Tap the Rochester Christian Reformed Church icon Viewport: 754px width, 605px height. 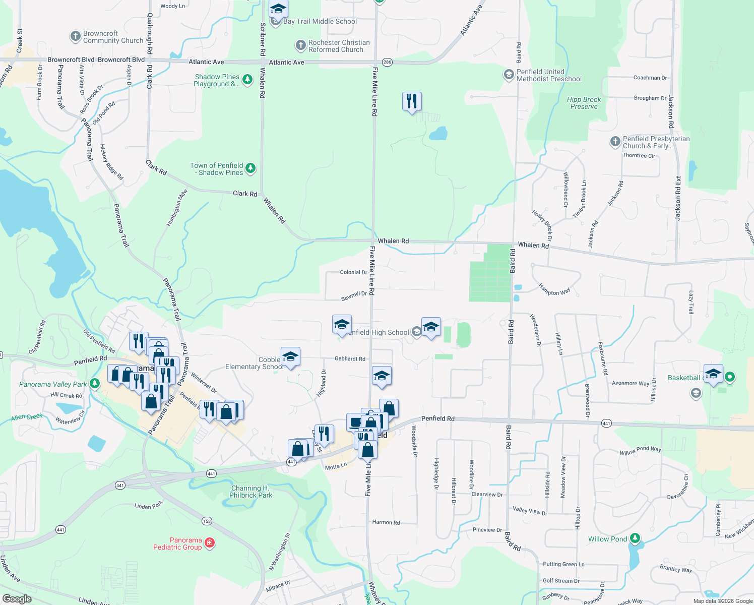(x=301, y=46)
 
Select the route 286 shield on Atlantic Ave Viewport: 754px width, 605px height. (x=387, y=62)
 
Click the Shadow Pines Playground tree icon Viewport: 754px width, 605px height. (x=247, y=80)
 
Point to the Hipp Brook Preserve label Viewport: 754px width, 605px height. (x=584, y=103)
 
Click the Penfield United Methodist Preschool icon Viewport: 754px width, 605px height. (x=509, y=75)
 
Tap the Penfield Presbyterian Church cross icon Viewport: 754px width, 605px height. (x=615, y=142)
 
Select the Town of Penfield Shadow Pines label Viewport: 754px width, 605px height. (x=217, y=169)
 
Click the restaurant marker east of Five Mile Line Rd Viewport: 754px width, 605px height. (x=412, y=101)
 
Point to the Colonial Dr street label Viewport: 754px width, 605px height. (x=353, y=272)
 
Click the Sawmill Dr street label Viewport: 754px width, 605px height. (x=354, y=296)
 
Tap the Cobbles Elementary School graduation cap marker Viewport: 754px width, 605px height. (x=290, y=357)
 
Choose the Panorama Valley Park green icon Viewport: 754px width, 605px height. (x=94, y=384)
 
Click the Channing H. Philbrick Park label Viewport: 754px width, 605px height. (x=251, y=492)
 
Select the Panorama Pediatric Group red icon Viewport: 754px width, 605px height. (x=210, y=543)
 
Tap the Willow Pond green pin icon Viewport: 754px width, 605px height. (x=636, y=539)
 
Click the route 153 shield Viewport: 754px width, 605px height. (x=207, y=521)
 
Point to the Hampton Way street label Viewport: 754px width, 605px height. (x=554, y=289)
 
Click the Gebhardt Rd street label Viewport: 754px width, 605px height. (x=350, y=359)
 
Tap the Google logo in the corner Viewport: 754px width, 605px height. (x=17, y=598)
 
